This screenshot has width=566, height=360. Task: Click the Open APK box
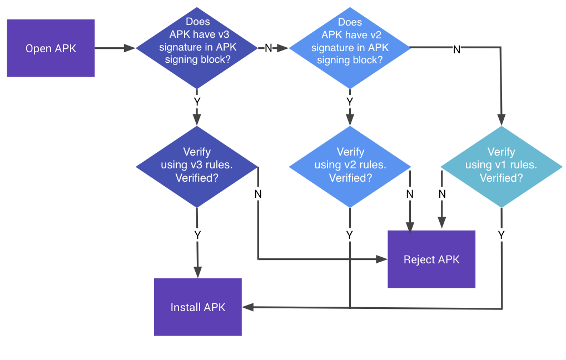click(51, 48)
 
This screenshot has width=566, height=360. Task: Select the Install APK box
click(198, 307)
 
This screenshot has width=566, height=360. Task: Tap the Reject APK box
click(431, 259)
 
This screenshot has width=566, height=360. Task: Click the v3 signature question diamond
click(196, 48)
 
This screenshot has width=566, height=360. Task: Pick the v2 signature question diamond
click(349, 48)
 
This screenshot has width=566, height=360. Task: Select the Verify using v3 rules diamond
click(197, 166)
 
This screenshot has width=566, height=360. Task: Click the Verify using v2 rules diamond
click(350, 166)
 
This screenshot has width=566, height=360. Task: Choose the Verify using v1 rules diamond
click(501, 166)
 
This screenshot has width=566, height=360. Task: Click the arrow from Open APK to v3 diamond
click(116, 48)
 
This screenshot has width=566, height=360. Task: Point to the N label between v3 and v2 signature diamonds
click(268, 48)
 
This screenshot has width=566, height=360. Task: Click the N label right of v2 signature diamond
click(456, 49)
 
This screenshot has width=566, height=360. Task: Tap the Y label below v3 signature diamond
click(197, 102)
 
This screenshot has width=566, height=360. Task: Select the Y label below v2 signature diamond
click(350, 102)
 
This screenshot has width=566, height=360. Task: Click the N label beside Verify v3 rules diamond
click(258, 194)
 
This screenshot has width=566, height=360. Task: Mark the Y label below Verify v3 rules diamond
click(197, 235)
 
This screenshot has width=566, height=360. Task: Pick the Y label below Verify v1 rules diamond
click(502, 235)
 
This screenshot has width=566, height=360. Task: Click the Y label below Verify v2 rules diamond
click(350, 235)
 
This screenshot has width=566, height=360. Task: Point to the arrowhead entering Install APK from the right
click(248, 307)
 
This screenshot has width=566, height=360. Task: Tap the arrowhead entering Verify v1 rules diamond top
click(502, 120)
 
